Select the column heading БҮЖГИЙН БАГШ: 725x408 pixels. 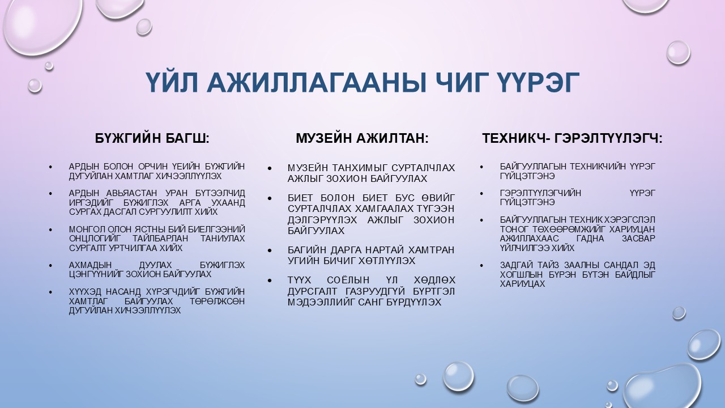pyautogui.click(x=152, y=138)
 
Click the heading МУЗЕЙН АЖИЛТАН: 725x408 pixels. pyautogui.click(x=362, y=138)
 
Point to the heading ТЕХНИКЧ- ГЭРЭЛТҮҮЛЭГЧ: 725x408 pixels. pyautogui.click(x=572, y=138)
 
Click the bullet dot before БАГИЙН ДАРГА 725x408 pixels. pyautogui.click(x=270, y=251)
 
